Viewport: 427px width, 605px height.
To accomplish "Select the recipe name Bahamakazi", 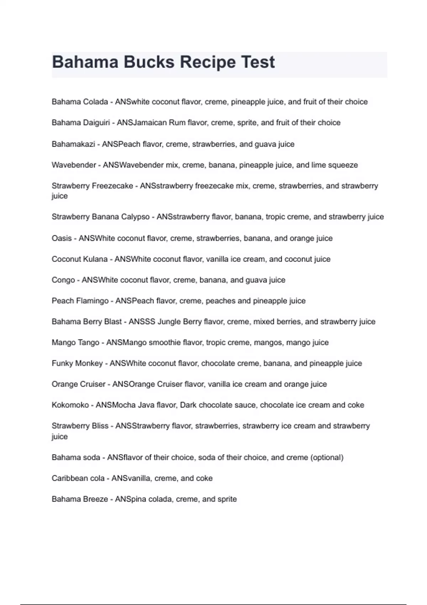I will pos(73,144).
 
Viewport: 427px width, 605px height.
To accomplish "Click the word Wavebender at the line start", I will pos(74,165).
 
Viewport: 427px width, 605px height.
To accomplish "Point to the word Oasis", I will pos(62,238).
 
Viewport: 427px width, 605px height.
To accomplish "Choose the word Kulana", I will pos(95,259).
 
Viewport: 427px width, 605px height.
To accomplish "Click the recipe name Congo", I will pos(63,280).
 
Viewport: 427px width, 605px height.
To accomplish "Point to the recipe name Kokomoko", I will pos(70,405).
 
